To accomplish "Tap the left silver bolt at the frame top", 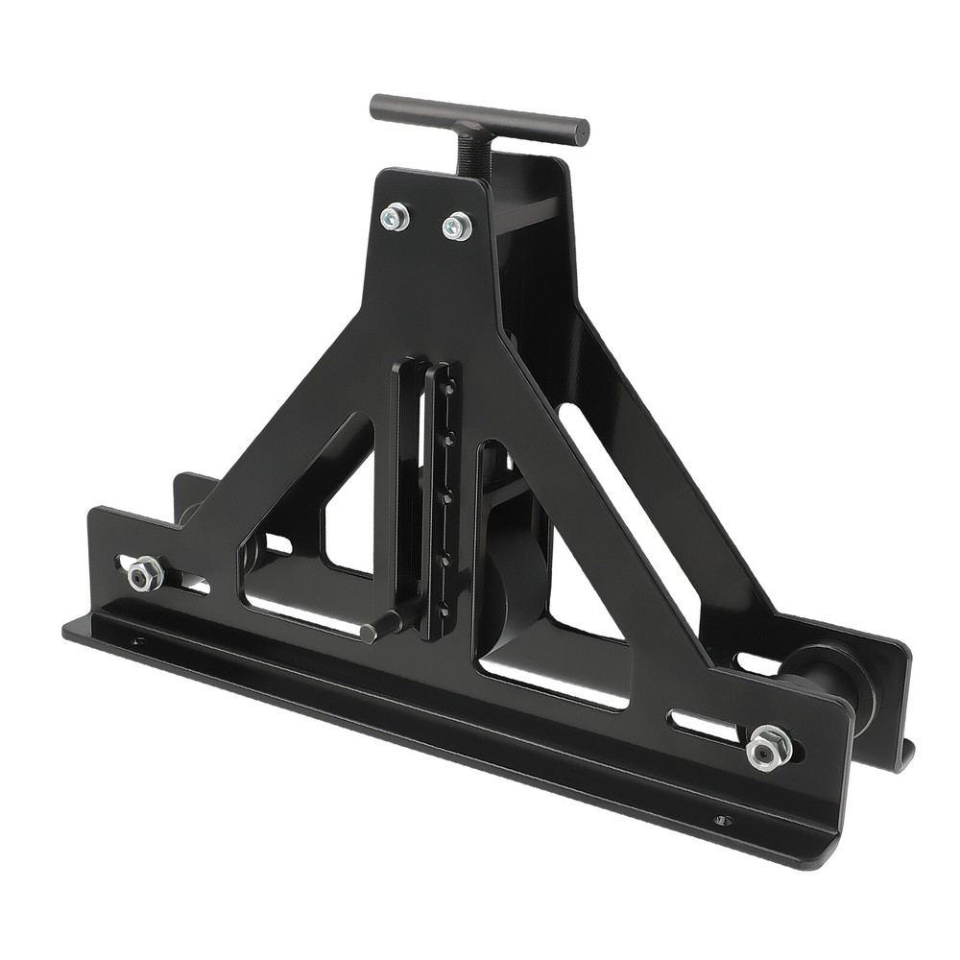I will (x=395, y=217).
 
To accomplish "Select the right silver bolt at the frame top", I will (x=457, y=227).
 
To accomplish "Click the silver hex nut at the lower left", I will (x=143, y=575).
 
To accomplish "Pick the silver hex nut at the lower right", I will (x=769, y=747).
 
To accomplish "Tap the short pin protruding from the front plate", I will (x=378, y=626).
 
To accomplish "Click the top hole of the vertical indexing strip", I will (x=449, y=388).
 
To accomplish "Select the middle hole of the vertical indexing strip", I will (x=446, y=498).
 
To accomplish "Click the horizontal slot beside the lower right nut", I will (x=706, y=725).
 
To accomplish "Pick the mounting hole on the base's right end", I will (x=722, y=820).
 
